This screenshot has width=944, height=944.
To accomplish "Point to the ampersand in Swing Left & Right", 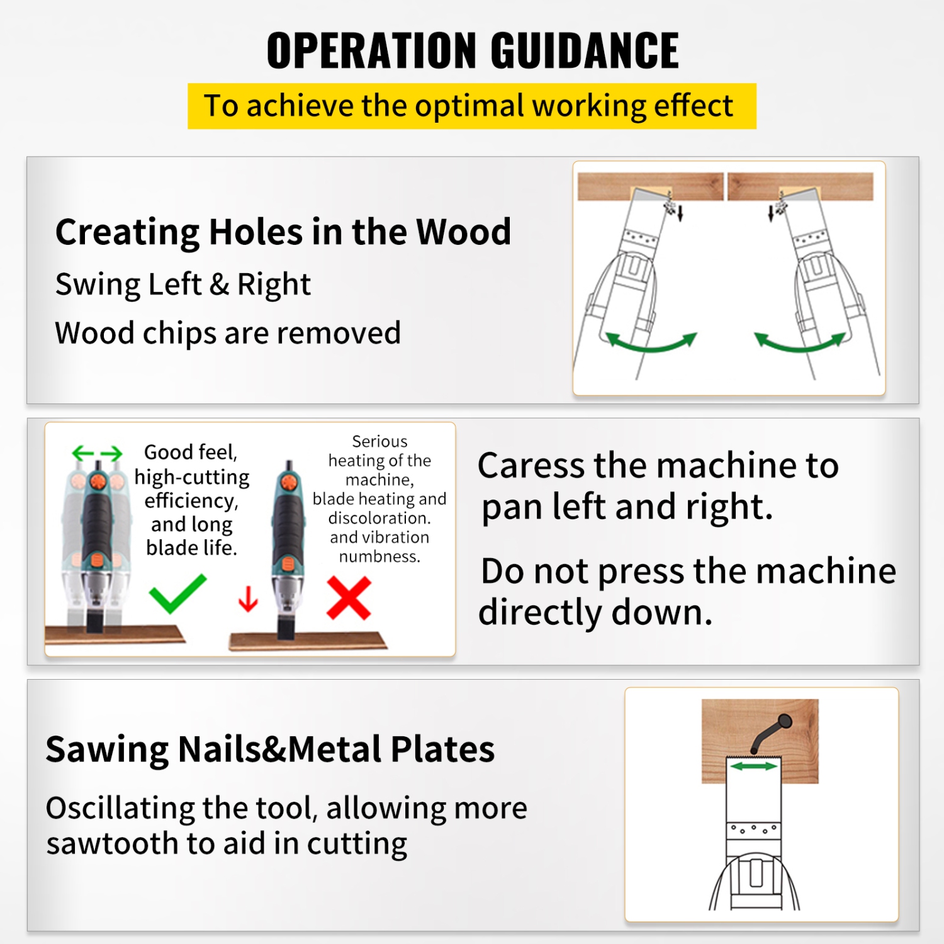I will (219, 284).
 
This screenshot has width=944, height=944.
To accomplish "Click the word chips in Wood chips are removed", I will (179, 333).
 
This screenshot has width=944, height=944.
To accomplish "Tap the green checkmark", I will (177, 593).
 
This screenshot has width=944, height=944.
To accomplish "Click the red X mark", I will (349, 598).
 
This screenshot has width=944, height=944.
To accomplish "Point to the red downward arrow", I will (248, 599).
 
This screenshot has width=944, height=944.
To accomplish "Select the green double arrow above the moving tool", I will (97, 452).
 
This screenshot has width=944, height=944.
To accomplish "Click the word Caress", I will (531, 466).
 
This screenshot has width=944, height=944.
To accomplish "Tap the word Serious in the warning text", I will (379, 441).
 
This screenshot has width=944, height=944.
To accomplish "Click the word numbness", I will (379, 556).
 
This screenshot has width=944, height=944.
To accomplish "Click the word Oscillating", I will (120, 808).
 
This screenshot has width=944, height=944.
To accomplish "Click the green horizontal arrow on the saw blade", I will (753, 766).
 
